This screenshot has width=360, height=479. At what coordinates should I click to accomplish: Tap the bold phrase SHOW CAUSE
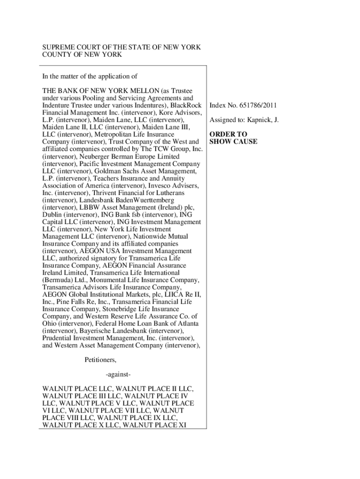(x=233, y=141)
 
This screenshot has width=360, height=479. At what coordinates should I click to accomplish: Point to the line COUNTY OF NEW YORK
(x=82, y=55)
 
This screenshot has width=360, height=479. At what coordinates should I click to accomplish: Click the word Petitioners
(x=100, y=360)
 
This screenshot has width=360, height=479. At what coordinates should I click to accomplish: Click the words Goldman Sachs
(x=131, y=171)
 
